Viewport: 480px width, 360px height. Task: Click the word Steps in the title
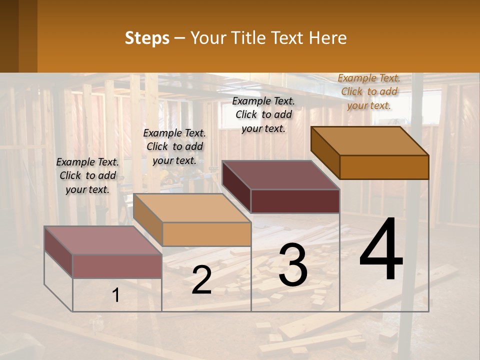[x=147, y=38]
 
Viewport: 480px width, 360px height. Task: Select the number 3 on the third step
[x=293, y=265]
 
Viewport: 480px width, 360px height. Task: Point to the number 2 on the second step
[x=201, y=280]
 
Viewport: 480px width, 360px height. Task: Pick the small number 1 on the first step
[x=115, y=295]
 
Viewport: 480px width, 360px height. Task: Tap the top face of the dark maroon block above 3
[x=280, y=175]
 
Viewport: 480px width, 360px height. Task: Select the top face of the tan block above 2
[x=191, y=208]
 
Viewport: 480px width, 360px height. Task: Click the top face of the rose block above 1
[x=102, y=240]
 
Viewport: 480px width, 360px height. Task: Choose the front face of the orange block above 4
[x=384, y=167]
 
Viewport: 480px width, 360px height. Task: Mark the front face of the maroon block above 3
[x=295, y=201]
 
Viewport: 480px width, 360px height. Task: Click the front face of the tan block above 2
[x=206, y=234]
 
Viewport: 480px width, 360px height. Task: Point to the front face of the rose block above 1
[x=117, y=266]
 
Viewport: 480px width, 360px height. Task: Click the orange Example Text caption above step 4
[x=369, y=91]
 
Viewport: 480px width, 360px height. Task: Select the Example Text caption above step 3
[x=263, y=114]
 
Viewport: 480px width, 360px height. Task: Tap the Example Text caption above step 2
[x=174, y=146]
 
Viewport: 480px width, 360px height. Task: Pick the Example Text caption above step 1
[x=87, y=175]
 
